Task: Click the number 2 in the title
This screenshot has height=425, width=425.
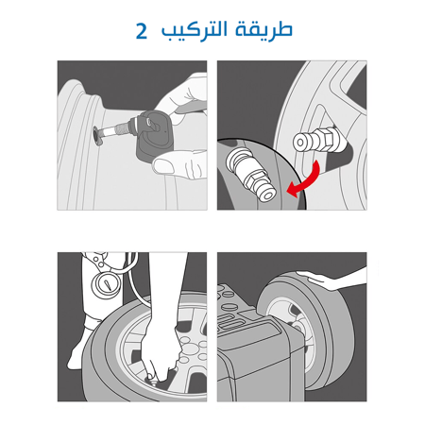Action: pyautogui.click(x=142, y=30)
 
